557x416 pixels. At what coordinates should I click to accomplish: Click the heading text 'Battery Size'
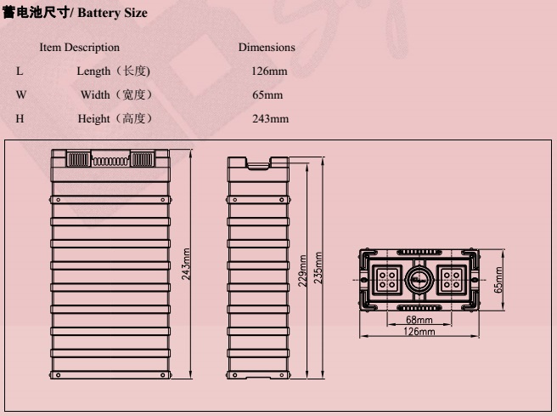tap(112, 13)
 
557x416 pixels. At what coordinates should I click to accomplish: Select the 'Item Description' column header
tap(79, 48)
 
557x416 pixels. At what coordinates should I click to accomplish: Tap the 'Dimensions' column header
tap(267, 48)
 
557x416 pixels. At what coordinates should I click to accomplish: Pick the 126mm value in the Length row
tap(269, 71)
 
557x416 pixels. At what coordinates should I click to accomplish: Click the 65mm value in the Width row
tap(267, 95)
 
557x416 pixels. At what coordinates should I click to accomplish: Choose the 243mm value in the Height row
tap(270, 118)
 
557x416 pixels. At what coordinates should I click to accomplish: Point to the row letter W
tap(21, 95)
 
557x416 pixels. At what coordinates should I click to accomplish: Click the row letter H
tap(20, 118)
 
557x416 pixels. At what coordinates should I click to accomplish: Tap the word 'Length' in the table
tap(93, 71)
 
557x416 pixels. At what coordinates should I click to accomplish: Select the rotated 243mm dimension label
tap(186, 264)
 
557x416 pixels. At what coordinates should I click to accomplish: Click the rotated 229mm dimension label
tap(302, 271)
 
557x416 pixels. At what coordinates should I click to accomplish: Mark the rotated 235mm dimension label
tap(318, 268)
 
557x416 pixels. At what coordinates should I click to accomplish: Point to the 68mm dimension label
tap(419, 320)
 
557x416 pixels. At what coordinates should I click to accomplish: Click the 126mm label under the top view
tap(419, 332)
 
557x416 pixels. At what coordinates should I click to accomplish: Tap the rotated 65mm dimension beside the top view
tap(498, 280)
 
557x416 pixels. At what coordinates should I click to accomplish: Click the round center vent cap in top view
tap(419, 280)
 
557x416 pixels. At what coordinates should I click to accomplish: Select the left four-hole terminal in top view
tap(387, 280)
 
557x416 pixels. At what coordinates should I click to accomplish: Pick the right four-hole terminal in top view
tap(452, 280)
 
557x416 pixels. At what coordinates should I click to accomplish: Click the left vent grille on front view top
tap(78, 159)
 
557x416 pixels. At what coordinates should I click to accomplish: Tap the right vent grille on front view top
tap(143, 159)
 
